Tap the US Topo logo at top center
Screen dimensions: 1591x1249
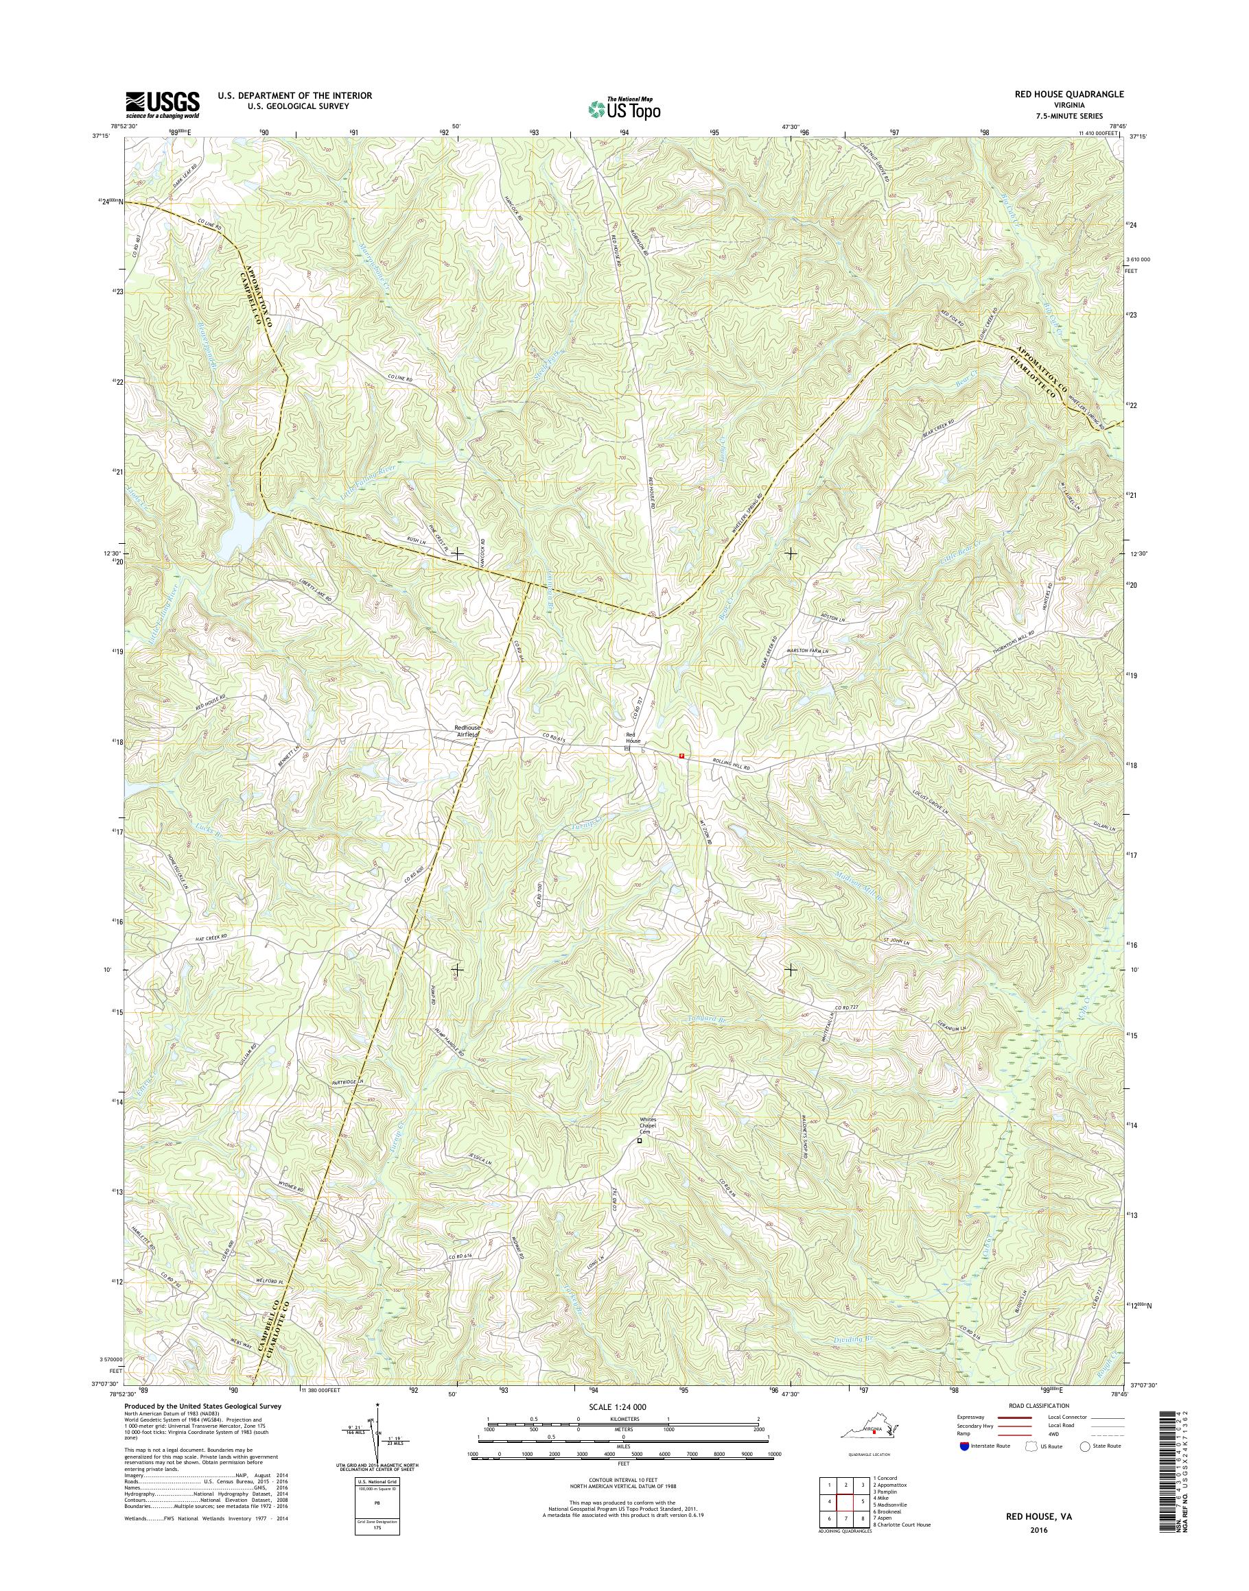click(624, 109)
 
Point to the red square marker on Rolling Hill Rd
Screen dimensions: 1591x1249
click(681, 756)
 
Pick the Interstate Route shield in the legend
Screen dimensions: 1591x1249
click(964, 1446)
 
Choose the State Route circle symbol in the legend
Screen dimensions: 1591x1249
click(1085, 1446)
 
